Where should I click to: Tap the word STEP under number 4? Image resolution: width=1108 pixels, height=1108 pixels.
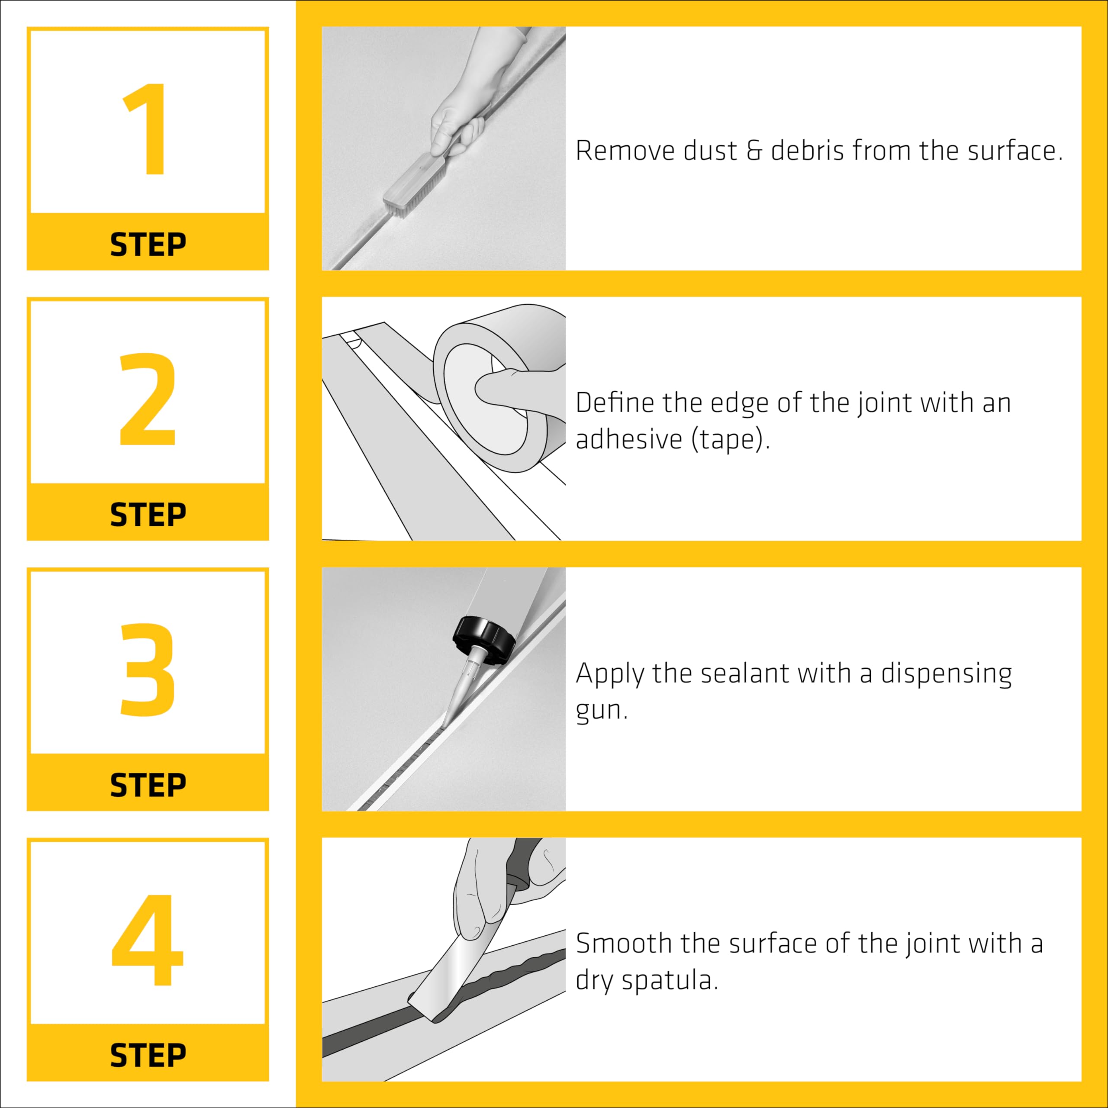148,1056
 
